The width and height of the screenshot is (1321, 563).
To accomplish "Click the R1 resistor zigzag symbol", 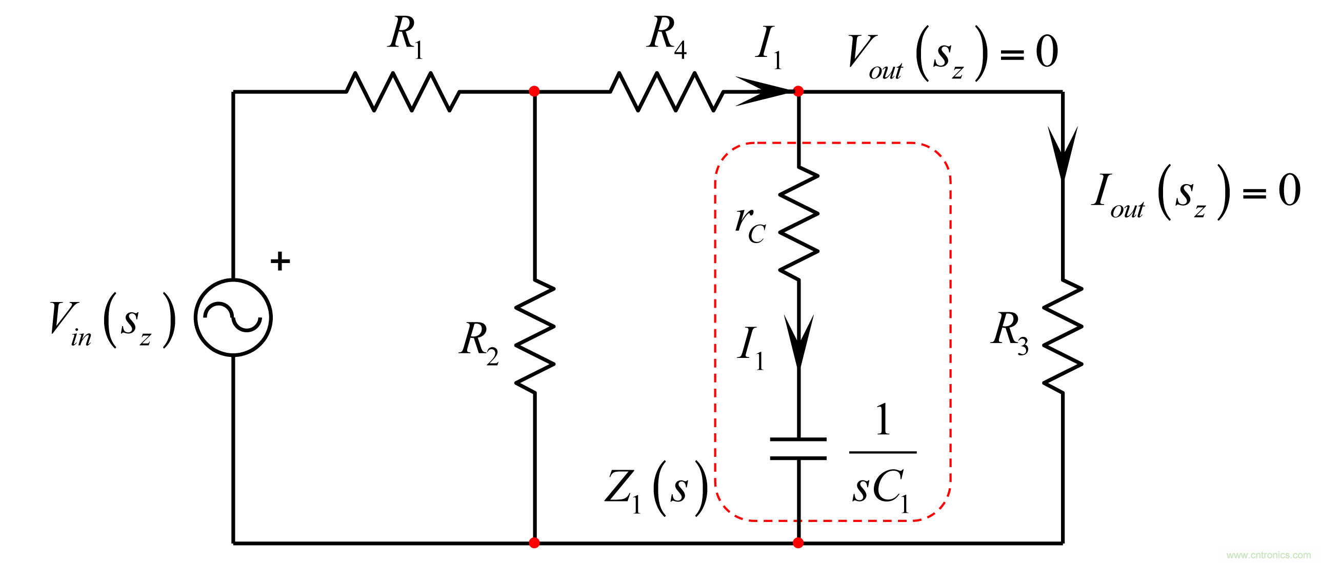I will (403, 92).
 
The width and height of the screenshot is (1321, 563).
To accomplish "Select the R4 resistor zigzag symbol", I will (667, 92).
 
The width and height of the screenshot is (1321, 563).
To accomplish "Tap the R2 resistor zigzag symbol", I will (534, 336).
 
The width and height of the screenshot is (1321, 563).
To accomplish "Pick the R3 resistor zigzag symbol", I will (1063, 336).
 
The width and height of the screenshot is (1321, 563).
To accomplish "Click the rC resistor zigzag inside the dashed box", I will (798, 224).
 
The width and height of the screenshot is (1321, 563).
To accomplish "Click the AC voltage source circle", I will (233, 317).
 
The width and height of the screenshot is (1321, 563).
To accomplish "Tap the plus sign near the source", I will (280, 262).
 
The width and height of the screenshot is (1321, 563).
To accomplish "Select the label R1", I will (405, 37).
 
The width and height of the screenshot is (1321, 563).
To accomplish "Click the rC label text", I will (750, 225).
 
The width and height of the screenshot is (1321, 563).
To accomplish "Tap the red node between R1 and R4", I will (534, 91).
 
